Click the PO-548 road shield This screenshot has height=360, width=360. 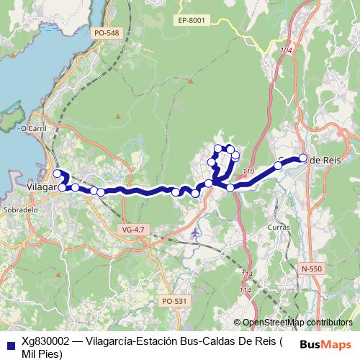tap(106, 33)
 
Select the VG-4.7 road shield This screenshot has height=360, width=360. tap(133, 229)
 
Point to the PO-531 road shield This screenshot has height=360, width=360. tap(174, 301)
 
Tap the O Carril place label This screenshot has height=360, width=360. tap(33, 129)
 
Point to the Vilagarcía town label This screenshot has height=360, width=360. tap(40, 186)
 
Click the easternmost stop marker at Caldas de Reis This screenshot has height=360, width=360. tap(303, 158)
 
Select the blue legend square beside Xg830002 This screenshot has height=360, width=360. tap(8, 344)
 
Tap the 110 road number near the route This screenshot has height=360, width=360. tap(249, 171)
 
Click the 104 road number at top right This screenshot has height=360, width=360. tap(288, 50)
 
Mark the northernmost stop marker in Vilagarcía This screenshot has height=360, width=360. tap(57, 173)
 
